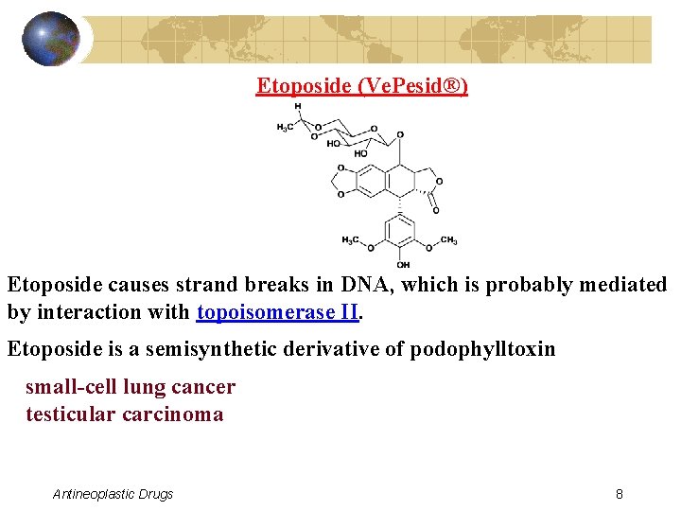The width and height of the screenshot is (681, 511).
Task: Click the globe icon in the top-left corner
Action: coord(52,39)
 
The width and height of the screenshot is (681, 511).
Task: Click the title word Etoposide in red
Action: coord(305,86)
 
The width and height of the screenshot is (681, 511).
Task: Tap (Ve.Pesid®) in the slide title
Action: coord(412,86)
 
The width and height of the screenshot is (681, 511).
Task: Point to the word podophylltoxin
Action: coord(482,349)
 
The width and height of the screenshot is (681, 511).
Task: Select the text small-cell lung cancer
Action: coord(131,387)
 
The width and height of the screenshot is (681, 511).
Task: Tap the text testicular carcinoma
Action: coord(125,414)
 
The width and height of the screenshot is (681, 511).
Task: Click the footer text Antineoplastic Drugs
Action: coord(113,494)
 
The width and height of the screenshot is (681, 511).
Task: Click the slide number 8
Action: coord(619,494)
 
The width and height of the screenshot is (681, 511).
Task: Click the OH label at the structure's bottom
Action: coord(403,265)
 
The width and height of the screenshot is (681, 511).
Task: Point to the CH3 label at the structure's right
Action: coord(448,240)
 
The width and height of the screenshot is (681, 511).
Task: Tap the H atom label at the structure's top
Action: coord(298,107)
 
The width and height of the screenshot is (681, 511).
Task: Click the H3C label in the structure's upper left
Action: coord(284,127)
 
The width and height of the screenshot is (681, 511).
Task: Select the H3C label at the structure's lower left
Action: coord(351,240)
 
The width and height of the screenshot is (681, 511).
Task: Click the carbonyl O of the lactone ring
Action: coord(435,209)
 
